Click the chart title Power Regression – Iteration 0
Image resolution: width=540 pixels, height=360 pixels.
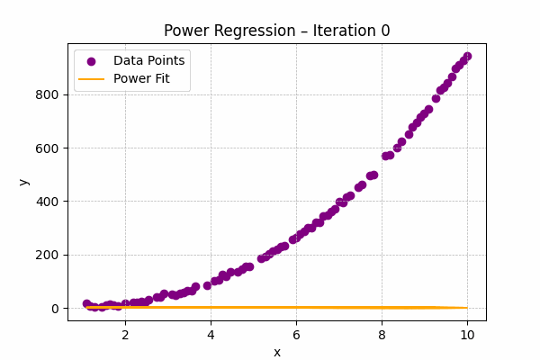[270, 31]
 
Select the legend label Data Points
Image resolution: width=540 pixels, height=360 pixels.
[148, 60]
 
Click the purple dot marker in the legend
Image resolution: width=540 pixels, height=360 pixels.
[91, 61]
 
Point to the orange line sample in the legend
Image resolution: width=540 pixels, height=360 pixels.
[91, 79]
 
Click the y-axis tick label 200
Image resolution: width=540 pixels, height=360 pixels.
[48, 255]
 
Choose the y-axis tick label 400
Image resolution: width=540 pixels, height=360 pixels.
[48, 202]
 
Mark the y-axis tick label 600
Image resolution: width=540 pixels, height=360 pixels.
[48, 148]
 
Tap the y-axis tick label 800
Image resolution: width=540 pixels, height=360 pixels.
[48, 94]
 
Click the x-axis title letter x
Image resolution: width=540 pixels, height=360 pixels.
[277, 352]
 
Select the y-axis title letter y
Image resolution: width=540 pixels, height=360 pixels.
[23, 181]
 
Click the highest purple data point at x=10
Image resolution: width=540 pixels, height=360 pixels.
[467, 56]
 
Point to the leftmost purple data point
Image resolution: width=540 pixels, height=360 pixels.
[86, 304]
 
